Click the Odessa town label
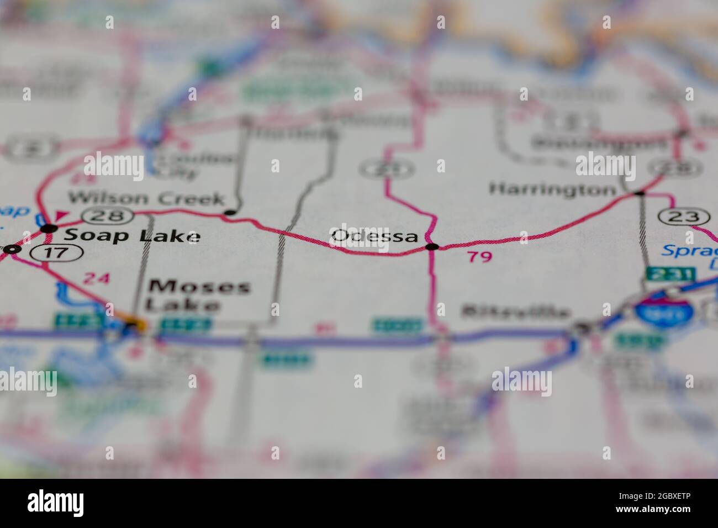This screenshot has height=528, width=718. tap(374, 236)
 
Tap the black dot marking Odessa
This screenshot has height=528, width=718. tap(433, 246)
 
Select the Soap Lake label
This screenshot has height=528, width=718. tap(131, 236)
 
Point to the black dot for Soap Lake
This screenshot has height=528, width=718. tap(50, 228)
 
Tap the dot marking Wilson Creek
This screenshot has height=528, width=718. tap(230, 212)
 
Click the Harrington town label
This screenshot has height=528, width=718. tap(552, 189)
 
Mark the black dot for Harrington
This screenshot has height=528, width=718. tap(640, 193)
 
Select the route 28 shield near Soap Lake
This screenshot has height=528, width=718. tap(108, 215)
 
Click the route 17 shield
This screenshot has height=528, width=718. tap(57, 253)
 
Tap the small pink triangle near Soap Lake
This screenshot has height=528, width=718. tap(61, 215)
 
